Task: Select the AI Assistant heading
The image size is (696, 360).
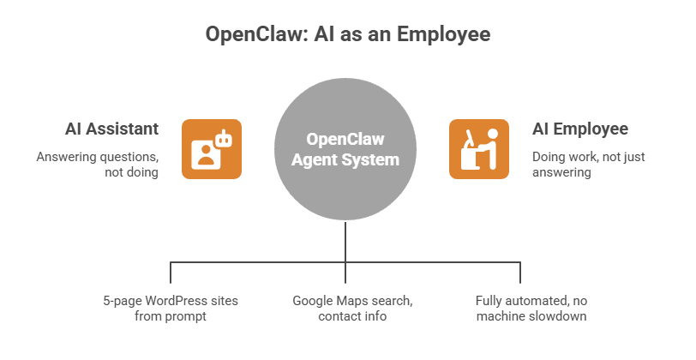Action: pos(111,129)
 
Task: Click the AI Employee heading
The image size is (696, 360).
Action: pos(580,129)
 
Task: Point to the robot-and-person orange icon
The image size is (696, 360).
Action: pos(211,149)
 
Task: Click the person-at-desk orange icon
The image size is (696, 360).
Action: pos(479,149)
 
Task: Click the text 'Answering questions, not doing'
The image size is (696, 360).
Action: pos(97,165)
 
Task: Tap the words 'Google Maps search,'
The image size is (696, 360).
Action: pos(351,301)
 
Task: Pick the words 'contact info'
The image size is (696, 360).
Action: pos(351,316)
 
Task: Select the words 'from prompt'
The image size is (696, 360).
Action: pos(171,316)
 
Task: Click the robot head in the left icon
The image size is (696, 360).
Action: pos(225,137)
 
